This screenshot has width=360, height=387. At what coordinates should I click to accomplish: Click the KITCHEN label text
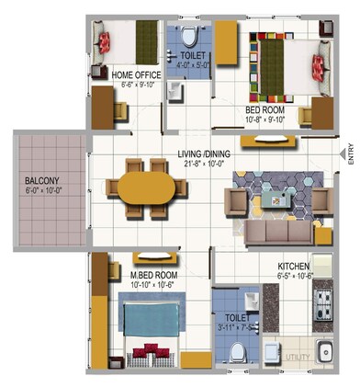coord(296,269)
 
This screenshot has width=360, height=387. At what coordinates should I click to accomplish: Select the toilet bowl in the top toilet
coord(190,38)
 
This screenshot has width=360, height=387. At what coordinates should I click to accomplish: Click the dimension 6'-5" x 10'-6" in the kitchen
coord(296,279)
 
